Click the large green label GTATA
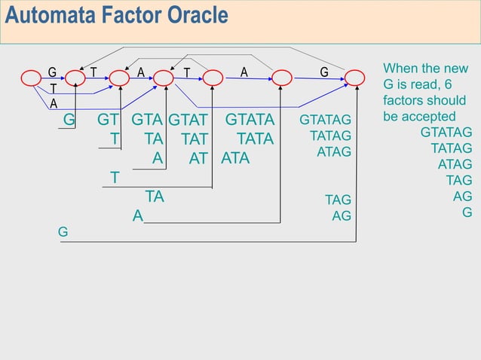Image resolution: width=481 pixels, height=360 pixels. (250, 121)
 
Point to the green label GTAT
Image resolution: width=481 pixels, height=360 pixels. (188, 121)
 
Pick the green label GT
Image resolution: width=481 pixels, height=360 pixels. (108, 121)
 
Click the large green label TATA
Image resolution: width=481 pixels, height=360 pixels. (256, 139)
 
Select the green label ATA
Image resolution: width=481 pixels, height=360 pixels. (235, 159)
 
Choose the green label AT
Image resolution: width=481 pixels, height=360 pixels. (198, 159)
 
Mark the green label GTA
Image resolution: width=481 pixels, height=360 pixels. (147, 121)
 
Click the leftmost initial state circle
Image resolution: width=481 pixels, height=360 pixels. (31, 78)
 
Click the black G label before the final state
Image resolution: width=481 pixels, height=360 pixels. (324, 72)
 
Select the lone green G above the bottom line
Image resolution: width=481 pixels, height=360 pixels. (63, 233)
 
